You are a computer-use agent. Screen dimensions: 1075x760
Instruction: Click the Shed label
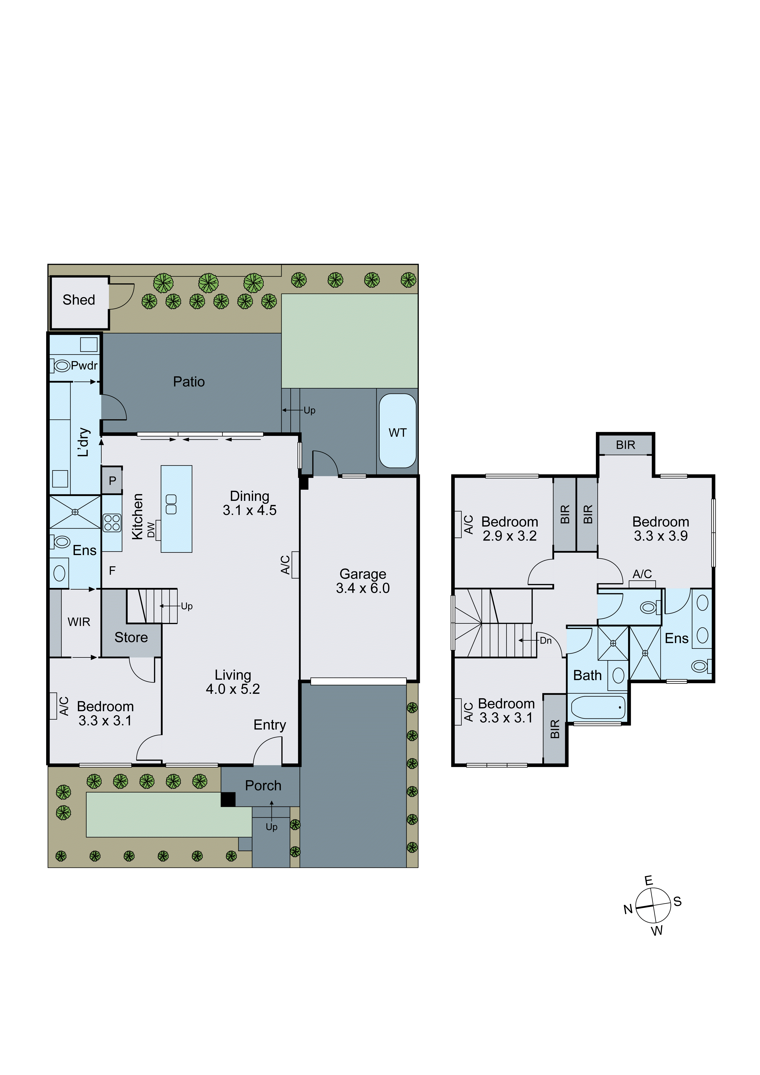(x=79, y=300)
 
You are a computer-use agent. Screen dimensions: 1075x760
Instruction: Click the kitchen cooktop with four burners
(x=112, y=522)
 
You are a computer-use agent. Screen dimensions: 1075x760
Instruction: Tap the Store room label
(x=131, y=637)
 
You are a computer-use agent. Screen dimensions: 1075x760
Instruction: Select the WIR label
(x=79, y=622)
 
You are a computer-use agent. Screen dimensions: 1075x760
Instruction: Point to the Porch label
(x=263, y=785)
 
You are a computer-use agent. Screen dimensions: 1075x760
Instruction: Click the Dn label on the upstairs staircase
(x=545, y=640)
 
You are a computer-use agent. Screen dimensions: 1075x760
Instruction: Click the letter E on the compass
(x=649, y=880)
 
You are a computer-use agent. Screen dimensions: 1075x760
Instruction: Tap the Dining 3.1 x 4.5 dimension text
(x=250, y=510)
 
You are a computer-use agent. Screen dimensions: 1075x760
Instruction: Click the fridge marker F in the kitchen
(x=112, y=570)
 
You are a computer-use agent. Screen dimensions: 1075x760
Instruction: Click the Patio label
(x=189, y=382)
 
